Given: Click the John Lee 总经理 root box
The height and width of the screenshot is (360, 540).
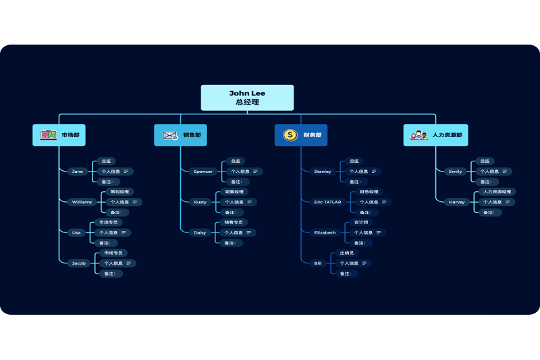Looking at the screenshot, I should pyautogui.click(x=247, y=97).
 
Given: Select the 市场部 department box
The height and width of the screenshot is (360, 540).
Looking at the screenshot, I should pyautogui.click(x=59, y=135).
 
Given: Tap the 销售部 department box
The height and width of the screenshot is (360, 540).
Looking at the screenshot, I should pyautogui.click(x=180, y=135).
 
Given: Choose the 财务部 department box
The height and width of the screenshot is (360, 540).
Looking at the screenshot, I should pyautogui.click(x=300, y=135).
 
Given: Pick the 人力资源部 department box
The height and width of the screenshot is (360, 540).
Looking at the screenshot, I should pyautogui.click(x=435, y=135).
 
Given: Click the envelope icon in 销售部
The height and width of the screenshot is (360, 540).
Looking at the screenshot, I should pyautogui.click(x=169, y=135).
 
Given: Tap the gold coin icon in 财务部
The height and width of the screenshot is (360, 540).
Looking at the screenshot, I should pyautogui.click(x=290, y=135).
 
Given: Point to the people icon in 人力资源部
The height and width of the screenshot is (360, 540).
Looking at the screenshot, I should pyautogui.click(x=419, y=135).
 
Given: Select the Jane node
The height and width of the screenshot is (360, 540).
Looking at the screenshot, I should pyautogui.click(x=78, y=172).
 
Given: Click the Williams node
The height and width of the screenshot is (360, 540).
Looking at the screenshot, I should pyautogui.click(x=82, y=202).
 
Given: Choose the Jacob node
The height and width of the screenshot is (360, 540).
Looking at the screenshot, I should pyautogui.click(x=79, y=263).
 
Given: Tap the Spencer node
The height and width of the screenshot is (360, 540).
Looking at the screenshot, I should pyautogui.click(x=202, y=172).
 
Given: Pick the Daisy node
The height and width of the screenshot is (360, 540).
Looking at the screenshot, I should pyautogui.click(x=200, y=232).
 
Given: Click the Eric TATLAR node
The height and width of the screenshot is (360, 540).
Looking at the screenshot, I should pyautogui.click(x=327, y=202).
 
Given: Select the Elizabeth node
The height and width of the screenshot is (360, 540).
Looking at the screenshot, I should pyautogui.click(x=325, y=232).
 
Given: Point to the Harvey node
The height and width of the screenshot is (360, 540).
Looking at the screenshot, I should pyautogui.click(x=457, y=202).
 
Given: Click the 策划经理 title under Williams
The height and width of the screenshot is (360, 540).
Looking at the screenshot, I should pyautogui.click(x=119, y=192).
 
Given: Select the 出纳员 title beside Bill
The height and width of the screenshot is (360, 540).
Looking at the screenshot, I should pyautogui.click(x=347, y=253).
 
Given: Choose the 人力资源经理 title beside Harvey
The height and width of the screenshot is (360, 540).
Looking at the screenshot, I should pyautogui.click(x=498, y=192).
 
